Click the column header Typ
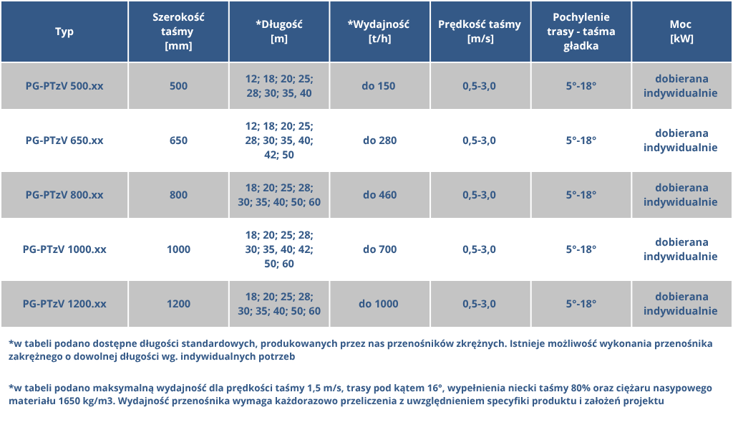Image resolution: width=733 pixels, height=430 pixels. [x=64, y=32]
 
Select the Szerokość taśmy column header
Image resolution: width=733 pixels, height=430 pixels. [x=178, y=32]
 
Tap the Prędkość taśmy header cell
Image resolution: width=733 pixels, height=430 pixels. [x=480, y=32]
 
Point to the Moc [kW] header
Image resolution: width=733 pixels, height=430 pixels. [x=681, y=32]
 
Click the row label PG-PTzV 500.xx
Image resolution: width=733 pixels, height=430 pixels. [x=64, y=86]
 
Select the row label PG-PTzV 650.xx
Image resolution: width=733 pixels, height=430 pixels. [x=64, y=140]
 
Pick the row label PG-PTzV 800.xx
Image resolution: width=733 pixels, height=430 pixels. [x=64, y=195]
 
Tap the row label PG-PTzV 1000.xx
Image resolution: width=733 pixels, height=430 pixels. [x=64, y=249]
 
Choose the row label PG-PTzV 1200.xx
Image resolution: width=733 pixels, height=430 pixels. [x=64, y=304]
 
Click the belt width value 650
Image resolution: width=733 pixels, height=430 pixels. [x=178, y=140]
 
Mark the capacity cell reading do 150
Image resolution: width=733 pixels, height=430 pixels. [x=379, y=86]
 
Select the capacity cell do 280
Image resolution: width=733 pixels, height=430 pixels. [x=379, y=140]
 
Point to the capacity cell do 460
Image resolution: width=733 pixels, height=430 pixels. [x=379, y=195]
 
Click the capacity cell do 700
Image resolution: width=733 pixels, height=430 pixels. [x=379, y=249]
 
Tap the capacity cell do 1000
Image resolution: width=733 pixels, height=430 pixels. [x=379, y=304]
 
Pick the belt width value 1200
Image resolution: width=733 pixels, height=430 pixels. [x=178, y=304]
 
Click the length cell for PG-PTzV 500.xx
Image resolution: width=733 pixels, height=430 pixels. [x=279, y=86]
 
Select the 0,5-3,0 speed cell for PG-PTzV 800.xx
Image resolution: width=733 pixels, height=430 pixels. [x=480, y=195]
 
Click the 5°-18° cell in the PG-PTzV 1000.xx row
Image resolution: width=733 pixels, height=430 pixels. [x=581, y=249]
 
